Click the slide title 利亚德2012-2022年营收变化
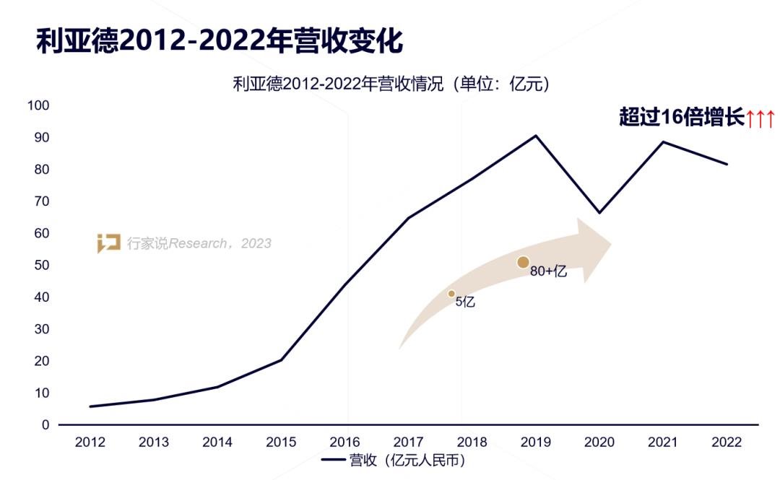[220, 41]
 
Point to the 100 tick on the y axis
[38, 106]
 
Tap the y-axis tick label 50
[42, 266]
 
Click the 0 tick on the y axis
[45, 425]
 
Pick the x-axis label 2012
[90, 442]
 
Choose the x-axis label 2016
[344, 442]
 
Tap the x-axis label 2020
[599, 442]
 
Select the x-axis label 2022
[726, 442]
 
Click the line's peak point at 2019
[536, 135]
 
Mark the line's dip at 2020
[599, 213]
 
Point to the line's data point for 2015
[281, 359]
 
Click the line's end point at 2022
[727, 165]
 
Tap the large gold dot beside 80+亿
[524, 263]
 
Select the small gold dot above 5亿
[451, 294]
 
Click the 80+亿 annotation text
[549, 272]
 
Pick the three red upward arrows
[760, 118]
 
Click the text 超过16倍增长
[681, 117]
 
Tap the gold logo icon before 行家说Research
[109, 243]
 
